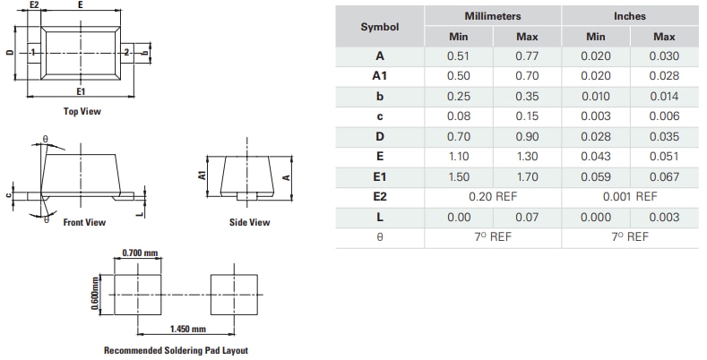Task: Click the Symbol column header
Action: (x=379, y=27)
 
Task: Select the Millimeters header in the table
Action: (x=492, y=16)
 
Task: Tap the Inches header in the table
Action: (x=629, y=16)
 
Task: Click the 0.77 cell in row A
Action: (x=527, y=56)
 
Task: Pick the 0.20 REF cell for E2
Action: (x=492, y=196)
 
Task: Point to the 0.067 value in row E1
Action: (x=664, y=176)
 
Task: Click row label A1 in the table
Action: (x=379, y=76)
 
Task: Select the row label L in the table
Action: (x=379, y=217)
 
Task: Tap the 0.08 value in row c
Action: (x=458, y=116)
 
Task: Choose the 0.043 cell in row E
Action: (x=595, y=157)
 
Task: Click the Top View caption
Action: (x=82, y=112)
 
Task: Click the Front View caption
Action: (x=84, y=222)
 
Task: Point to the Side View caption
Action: (x=249, y=222)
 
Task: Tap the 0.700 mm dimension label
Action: (x=137, y=253)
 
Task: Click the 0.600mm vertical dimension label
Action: (x=96, y=293)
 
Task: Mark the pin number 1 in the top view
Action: (x=32, y=53)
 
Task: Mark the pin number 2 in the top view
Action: (x=126, y=53)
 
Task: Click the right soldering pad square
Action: (x=235, y=294)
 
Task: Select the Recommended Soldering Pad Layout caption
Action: (x=176, y=350)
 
